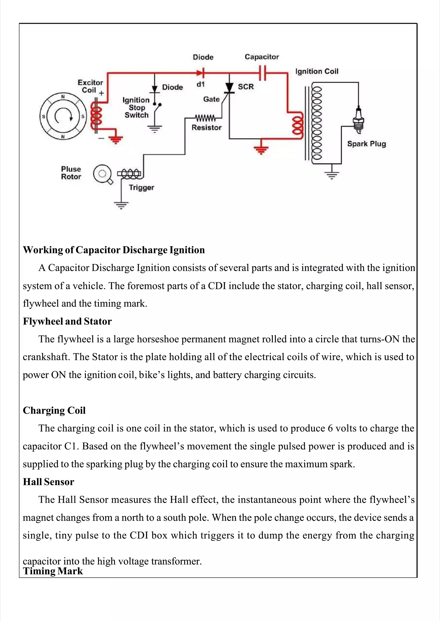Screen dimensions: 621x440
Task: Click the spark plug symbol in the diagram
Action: coord(358,120)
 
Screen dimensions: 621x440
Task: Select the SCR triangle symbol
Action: coord(229,87)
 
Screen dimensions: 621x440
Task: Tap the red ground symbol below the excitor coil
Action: coord(115,140)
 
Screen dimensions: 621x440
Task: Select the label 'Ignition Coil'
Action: coord(316,71)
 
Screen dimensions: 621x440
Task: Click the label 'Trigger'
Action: coord(141,187)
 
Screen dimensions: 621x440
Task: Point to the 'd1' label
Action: coord(200,85)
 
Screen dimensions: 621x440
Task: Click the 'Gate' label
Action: coord(211,99)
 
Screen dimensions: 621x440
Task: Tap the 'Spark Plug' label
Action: coord(366,144)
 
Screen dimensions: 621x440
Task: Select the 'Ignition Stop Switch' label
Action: coord(136,108)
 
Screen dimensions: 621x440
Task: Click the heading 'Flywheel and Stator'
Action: coord(67,321)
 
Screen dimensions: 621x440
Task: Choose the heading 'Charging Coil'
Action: coord(54,410)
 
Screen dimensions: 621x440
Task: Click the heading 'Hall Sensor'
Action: coord(49,482)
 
